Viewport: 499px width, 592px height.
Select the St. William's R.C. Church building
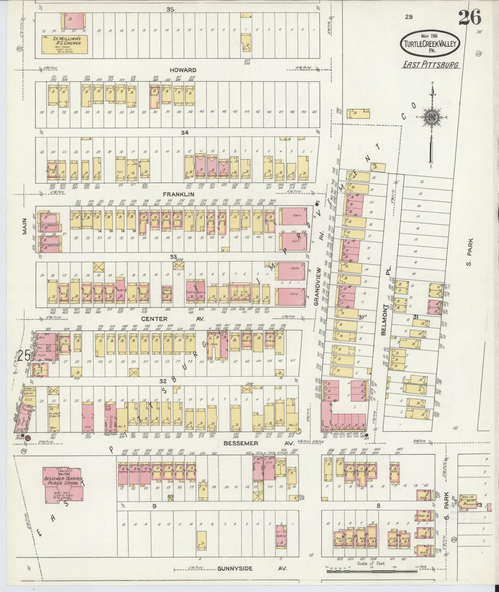(x=64, y=44)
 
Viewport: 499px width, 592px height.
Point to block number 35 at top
(x=170, y=9)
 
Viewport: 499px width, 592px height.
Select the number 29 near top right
(x=409, y=17)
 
